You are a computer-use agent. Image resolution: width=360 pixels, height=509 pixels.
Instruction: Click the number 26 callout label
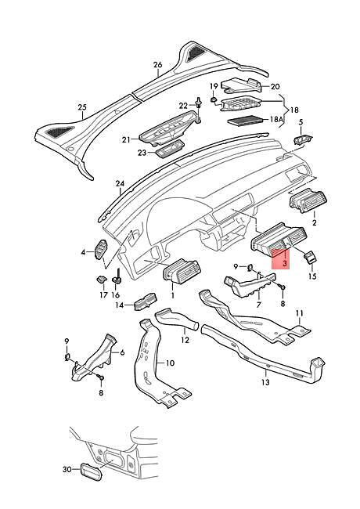click(x=157, y=64)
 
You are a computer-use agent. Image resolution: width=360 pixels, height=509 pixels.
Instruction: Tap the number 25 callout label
click(x=82, y=106)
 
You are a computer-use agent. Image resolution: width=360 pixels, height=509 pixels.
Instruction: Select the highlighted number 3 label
click(x=284, y=263)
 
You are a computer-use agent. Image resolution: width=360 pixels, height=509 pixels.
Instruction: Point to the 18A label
click(x=276, y=119)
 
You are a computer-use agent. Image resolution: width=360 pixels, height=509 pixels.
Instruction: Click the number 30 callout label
click(x=67, y=469)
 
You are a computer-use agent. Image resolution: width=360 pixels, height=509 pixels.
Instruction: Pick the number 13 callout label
click(x=265, y=382)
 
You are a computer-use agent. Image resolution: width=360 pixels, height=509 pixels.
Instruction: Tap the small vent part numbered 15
click(x=310, y=257)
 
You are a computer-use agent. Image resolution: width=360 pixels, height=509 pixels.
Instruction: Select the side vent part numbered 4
click(x=100, y=249)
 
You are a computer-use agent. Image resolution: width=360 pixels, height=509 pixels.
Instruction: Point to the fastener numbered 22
click(x=198, y=106)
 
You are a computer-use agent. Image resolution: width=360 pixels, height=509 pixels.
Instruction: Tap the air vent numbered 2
click(x=308, y=200)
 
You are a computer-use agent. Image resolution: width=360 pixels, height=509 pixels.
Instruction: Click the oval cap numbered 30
click(x=91, y=475)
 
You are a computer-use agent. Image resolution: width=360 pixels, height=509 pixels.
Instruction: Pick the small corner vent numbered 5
click(x=304, y=139)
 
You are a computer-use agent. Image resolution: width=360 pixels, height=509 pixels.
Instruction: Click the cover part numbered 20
click(x=242, y=85)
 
